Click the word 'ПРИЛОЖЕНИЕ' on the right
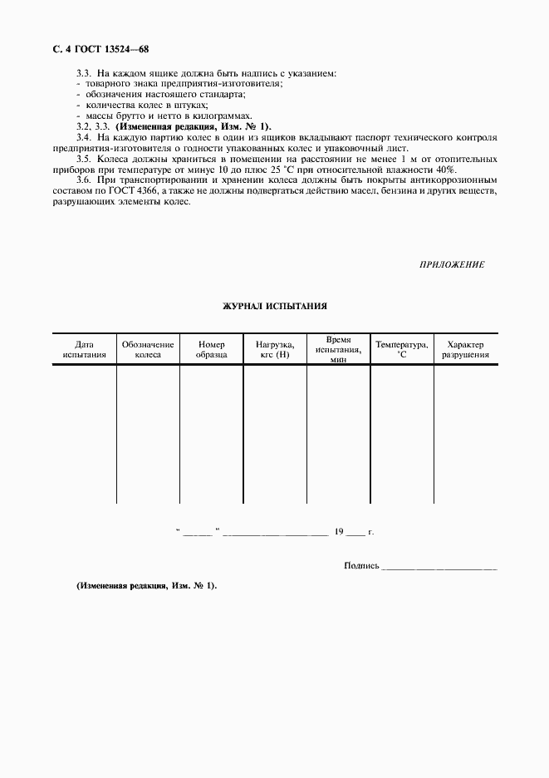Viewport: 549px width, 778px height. click(453, 263)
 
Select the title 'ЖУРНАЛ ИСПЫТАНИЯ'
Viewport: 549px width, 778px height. click(274, 306)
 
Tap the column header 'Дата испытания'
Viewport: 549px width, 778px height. click(84, 350)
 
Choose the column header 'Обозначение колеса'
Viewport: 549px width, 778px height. click(148, 350)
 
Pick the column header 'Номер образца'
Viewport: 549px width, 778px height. click(212, 350)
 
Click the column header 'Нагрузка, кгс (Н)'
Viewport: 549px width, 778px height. click(274, 350)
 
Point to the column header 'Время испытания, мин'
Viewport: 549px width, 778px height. click(338, 350)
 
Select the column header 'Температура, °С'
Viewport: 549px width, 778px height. click(402, 349)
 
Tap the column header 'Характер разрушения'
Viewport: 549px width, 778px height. click(465, 350)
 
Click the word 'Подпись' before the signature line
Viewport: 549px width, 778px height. click(361, 566)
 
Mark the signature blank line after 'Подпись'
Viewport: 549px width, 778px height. click(439, 568)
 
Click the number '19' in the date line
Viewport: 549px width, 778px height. click(339, 530)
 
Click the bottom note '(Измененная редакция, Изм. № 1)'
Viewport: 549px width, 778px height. click(146, 586)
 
